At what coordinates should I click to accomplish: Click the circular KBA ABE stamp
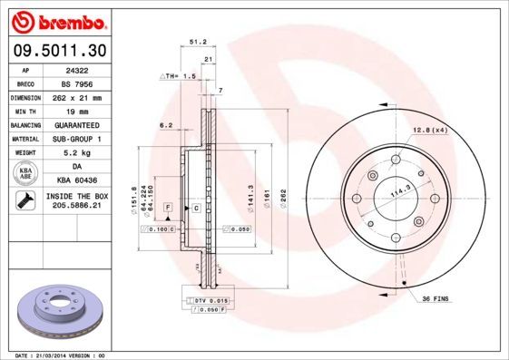pyautogui.click(x=26, y=174)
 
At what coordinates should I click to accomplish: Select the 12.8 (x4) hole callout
pyautogui.click(x=431, y=131)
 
